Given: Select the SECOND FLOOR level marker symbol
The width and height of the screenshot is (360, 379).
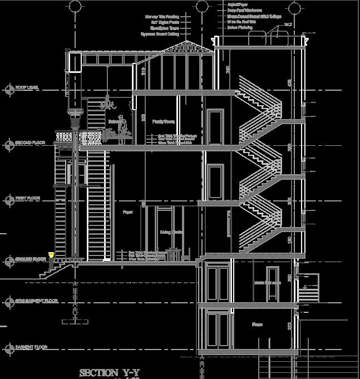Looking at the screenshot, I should click(8, 144).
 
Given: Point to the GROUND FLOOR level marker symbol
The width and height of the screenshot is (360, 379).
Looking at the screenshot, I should click(8, 259).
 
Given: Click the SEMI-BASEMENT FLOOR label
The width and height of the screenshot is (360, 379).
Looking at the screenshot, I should click(37, 301).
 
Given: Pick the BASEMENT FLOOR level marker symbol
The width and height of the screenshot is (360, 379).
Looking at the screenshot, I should click(8, 348).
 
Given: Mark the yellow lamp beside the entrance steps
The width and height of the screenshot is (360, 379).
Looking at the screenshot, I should click(51, 255).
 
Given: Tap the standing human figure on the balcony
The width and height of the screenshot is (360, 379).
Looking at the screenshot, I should click(125, 127).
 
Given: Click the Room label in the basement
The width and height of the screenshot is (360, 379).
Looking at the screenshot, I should click(257, 324).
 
